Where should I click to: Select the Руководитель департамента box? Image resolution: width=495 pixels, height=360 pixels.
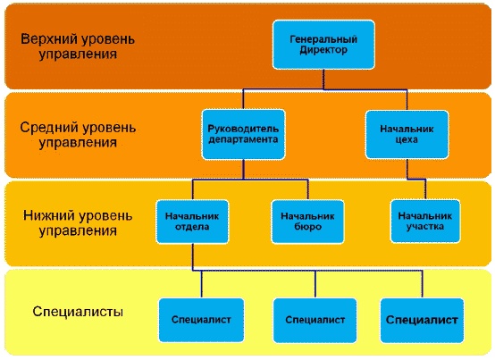coord(243,134)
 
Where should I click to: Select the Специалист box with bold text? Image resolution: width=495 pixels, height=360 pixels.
coord(421,318)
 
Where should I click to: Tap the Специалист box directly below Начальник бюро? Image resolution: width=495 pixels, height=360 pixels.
coord(315,318)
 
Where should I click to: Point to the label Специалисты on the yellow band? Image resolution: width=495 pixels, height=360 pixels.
coord(78,313)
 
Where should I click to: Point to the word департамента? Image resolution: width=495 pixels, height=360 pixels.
coord(243,140)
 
